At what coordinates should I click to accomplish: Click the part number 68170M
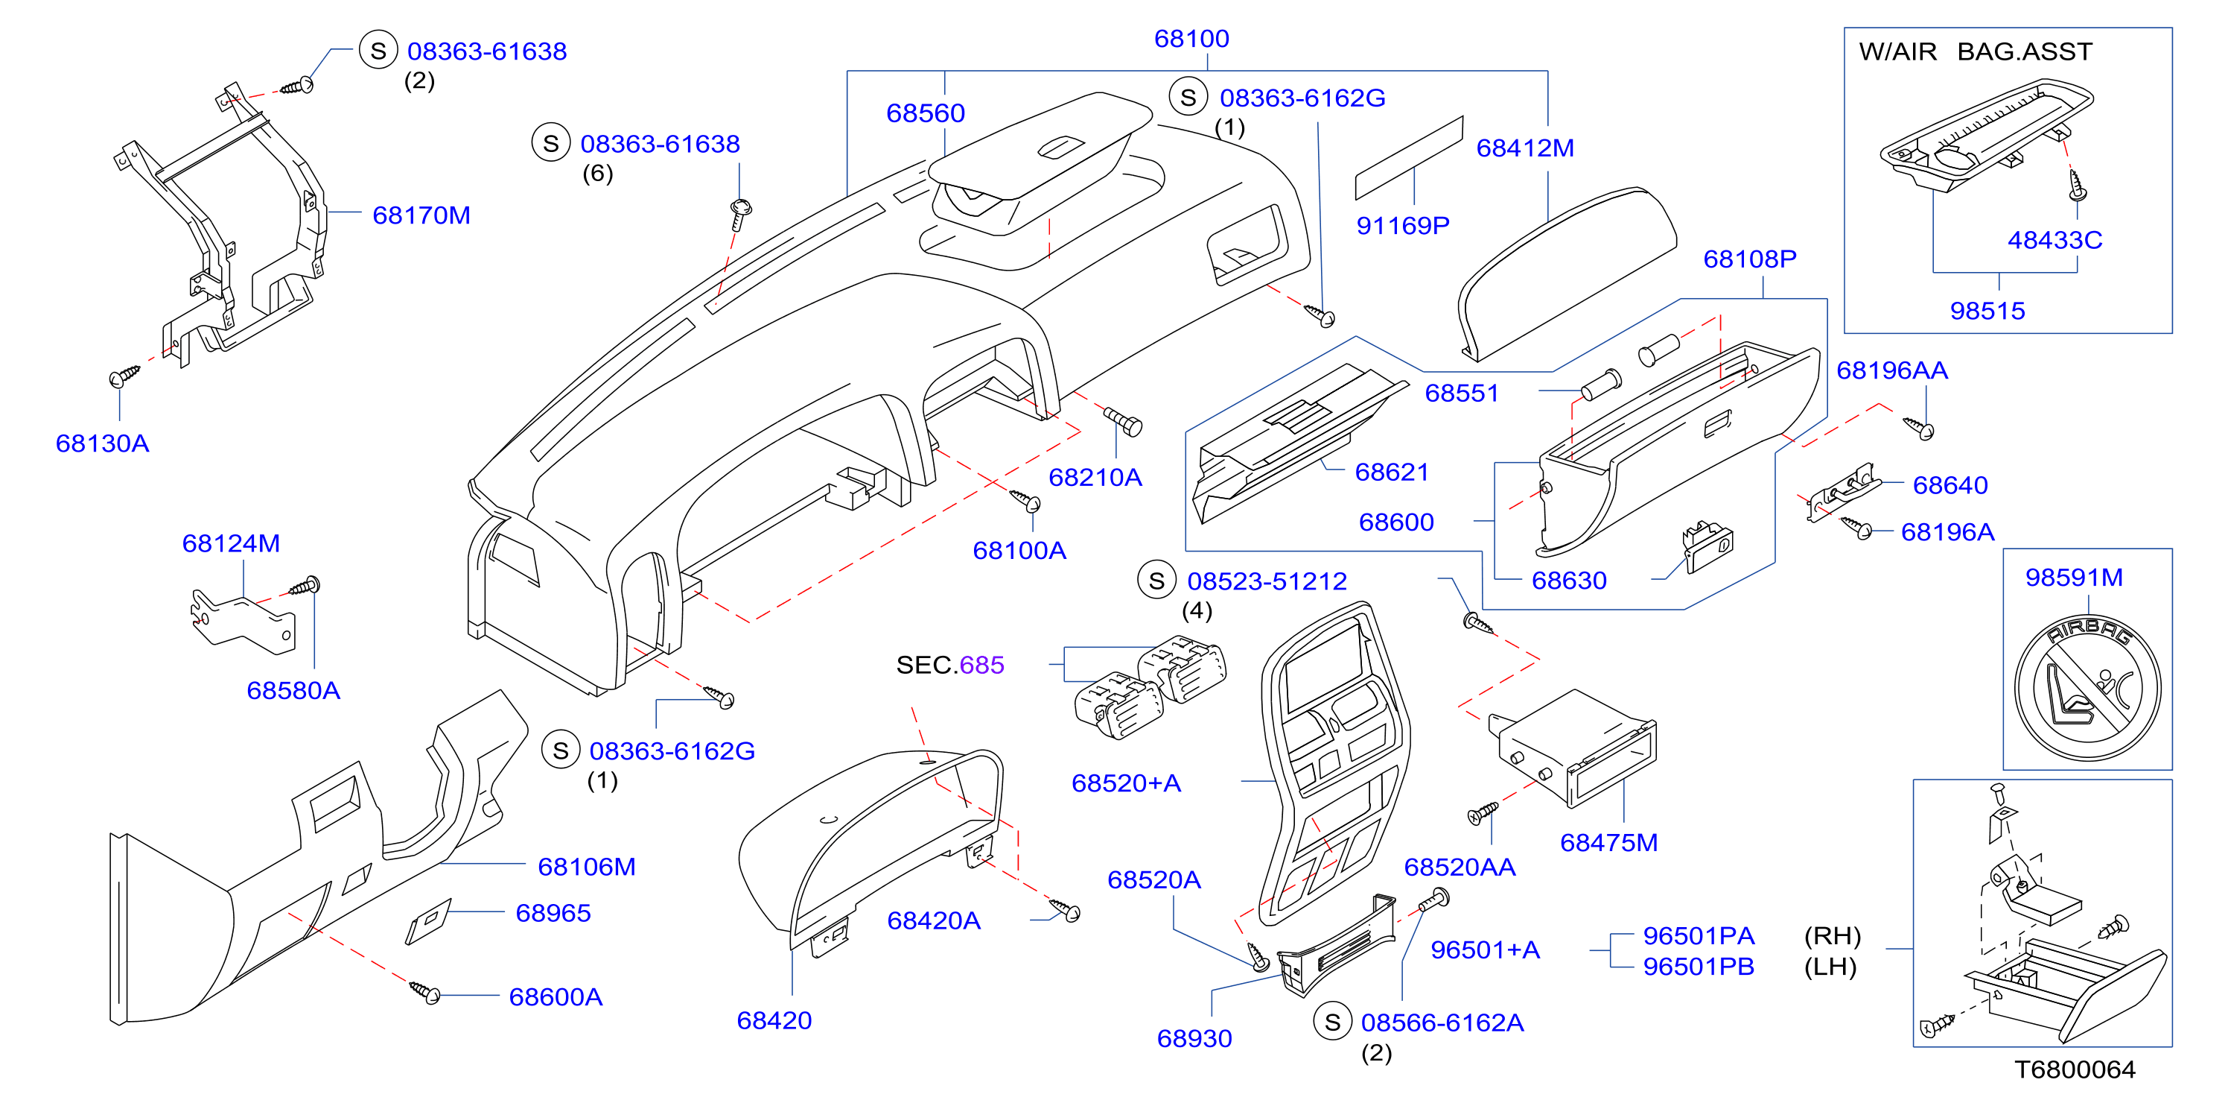[x=421, y=215]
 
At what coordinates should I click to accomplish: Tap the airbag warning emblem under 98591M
[x=2087, y=688]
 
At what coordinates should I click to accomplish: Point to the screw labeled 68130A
[x=124, y=376]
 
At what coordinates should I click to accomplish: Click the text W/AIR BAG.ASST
[x=1976, y=51]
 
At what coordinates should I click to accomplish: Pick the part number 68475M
[x=1608, y=842]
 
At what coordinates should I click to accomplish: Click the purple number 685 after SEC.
[x=981, y=665]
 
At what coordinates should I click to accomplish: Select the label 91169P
[x=1403, y=225]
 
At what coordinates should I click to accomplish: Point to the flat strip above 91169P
[x=1409, y=157]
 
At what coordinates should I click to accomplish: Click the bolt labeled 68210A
[x=1124, y=420]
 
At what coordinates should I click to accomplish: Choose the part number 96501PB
[x=1699, y=966]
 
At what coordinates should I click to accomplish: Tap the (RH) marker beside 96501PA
[x=1832, y=935]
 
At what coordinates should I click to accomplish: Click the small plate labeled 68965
[x=428, y=922]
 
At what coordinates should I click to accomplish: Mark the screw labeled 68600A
[x=424, y=992]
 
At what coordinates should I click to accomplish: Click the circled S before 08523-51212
[x=1156, y=581]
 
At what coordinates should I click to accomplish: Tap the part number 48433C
[x=2055, y=240]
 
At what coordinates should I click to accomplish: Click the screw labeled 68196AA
[x=1918, y=426]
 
